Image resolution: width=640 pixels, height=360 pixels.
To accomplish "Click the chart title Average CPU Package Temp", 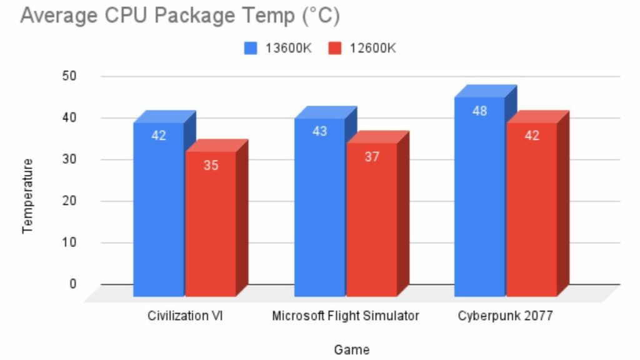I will (180, 16).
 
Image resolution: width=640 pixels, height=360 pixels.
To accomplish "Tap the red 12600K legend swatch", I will (334, 48).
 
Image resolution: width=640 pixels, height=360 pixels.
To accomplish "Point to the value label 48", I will (479, 111).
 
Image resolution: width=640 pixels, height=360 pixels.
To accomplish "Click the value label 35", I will (211, 166).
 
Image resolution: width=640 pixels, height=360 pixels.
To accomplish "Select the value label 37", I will (372, 157).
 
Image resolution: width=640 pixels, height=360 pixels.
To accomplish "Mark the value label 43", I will (319, 132).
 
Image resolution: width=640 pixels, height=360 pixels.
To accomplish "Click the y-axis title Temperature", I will (27, 196).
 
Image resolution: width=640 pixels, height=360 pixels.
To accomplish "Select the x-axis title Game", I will (351, 349).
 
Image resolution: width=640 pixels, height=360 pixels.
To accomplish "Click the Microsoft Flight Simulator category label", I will (346, 316).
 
